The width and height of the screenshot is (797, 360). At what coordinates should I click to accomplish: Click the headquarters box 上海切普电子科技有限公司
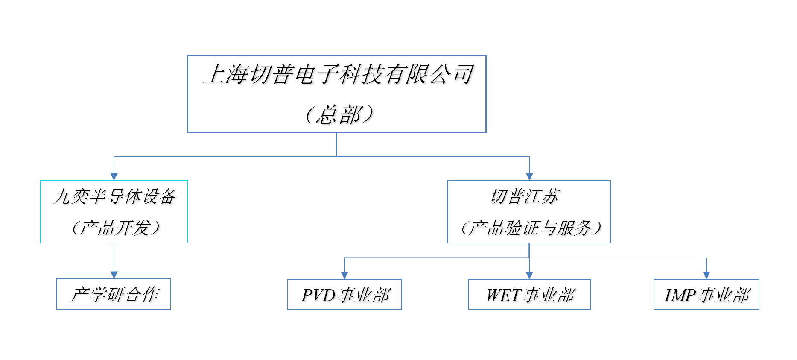336,75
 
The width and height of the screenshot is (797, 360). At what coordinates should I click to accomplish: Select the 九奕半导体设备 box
114,197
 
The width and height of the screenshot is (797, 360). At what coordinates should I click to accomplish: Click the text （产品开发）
115,228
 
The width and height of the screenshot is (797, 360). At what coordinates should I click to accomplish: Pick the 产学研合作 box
114,294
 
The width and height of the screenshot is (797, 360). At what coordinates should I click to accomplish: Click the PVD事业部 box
344,295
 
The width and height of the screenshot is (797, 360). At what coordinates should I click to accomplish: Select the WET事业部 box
529,295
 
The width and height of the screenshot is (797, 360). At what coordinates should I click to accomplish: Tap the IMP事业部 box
706,295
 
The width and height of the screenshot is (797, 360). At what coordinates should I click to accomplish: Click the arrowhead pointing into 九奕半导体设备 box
114,176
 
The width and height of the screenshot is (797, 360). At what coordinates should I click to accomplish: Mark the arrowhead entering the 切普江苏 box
529,176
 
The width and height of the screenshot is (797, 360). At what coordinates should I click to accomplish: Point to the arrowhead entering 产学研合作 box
114,275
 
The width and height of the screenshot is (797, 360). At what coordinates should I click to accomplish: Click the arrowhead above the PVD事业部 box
344,275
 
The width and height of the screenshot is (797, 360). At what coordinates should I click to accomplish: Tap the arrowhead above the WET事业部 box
529,275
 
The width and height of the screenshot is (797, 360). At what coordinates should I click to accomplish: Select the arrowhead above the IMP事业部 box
706,275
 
